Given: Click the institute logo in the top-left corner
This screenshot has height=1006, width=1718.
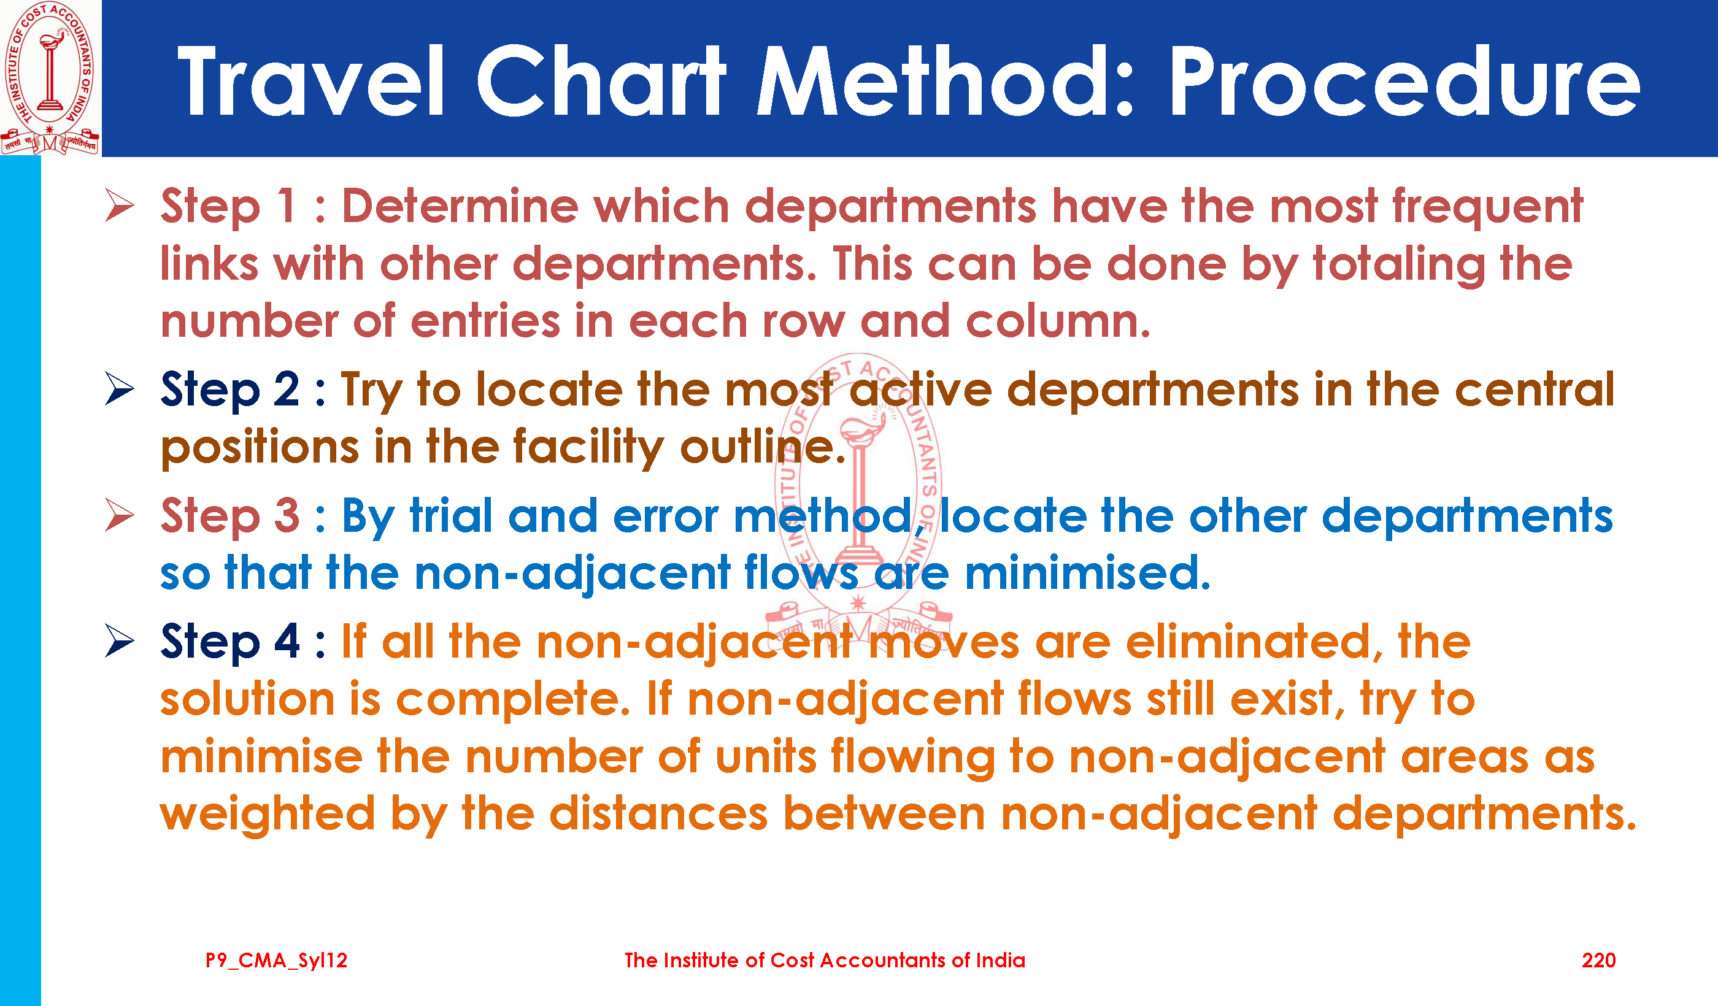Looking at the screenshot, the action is pos(50,77).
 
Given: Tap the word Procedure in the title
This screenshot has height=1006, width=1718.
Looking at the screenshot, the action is pos(1404,82).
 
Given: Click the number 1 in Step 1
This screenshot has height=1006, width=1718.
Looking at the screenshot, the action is pos(286,205).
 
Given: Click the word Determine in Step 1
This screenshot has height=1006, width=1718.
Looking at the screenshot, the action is pos(460,205).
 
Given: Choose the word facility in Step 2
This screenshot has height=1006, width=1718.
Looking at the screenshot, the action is pos(588,448).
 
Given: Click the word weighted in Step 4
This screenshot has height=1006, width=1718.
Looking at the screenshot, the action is pos(268,815).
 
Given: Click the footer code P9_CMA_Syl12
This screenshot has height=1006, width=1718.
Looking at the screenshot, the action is pos(277,961).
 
